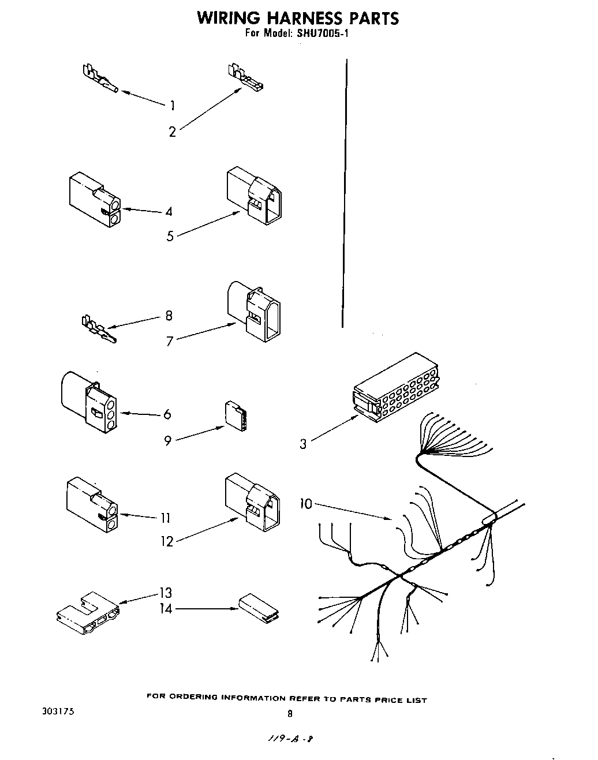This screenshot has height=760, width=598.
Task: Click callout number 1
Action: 172,105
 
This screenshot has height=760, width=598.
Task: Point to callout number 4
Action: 169,212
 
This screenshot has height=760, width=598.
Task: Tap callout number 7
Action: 170,342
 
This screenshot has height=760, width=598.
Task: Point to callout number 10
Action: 305,504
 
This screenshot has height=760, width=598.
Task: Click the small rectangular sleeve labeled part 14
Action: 257,608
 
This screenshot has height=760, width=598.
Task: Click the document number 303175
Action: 55,712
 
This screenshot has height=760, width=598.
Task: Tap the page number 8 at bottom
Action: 290,714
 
